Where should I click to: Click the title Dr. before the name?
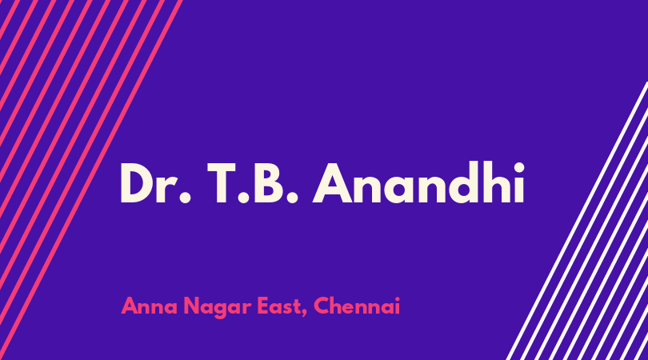(156, 183)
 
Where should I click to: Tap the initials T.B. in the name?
(253, 183)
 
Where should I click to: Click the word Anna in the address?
(149, 306)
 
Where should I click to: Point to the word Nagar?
(218, 308)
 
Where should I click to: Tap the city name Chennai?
(357, 306)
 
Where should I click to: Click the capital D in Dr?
(137, 183)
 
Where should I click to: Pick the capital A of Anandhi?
(333, 183)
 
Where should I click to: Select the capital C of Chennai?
(322, 306)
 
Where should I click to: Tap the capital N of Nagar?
(191, 306)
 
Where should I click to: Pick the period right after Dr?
(185, 198)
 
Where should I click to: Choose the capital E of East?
(264, 306)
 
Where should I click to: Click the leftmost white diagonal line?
(578, 221)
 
